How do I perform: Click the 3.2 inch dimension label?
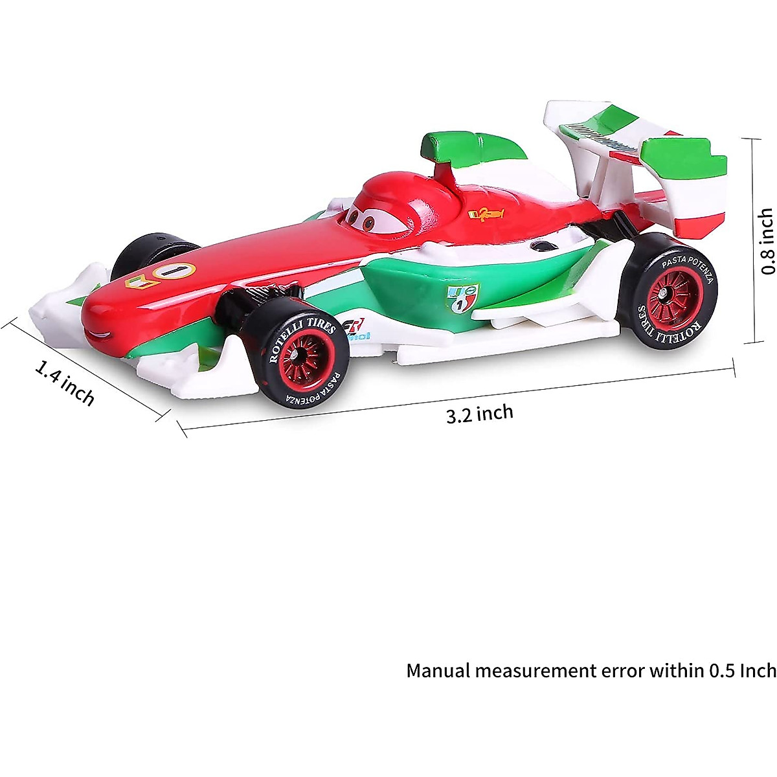(479, 414)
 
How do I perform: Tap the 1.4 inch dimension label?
(65, 383)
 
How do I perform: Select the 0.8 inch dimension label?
(767, 242)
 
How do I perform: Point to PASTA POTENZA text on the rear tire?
(688, 267)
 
